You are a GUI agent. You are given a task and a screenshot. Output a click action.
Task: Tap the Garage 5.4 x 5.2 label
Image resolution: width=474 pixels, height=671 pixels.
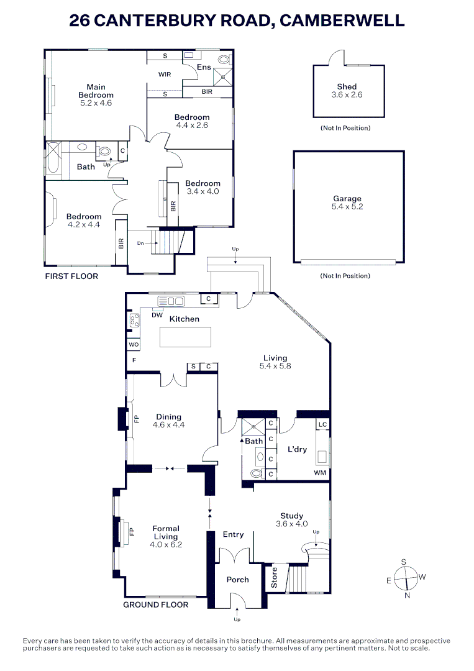(x=347, y=203)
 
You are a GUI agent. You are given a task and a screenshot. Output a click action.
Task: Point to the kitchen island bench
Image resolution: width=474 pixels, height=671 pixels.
(x=185, y=337)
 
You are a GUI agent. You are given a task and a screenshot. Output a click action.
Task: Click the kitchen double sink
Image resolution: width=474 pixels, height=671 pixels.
(x=171, y=301)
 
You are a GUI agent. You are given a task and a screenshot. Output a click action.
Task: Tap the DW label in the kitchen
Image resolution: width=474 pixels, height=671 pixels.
(x=157, y=315)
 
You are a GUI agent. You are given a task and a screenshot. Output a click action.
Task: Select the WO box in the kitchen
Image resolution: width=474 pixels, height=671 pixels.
(x=134, y=344)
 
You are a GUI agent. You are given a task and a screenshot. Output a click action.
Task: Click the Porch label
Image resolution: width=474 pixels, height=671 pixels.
(x=237, y=580)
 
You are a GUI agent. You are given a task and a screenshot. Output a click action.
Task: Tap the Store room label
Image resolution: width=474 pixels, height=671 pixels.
(x=274, y=578)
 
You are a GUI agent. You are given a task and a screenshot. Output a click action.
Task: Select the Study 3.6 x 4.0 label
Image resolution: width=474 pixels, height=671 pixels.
(x=291, y=519)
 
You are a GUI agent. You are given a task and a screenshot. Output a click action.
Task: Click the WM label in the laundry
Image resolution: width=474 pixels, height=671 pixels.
(x=319, y=473)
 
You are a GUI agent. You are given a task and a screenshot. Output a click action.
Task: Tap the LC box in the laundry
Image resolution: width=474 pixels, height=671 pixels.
(x=322, y=424)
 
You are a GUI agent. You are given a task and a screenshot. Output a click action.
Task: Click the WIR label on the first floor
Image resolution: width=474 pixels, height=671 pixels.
(x=165, y=74)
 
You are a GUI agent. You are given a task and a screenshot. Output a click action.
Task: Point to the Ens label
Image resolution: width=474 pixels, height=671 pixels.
(x=203, y=67)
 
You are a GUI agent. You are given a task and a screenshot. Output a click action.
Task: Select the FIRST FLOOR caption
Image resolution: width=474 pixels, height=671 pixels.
(x=71, y=276)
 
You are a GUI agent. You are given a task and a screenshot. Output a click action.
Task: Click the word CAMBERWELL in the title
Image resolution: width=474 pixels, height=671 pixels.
(x=342, y=21)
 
